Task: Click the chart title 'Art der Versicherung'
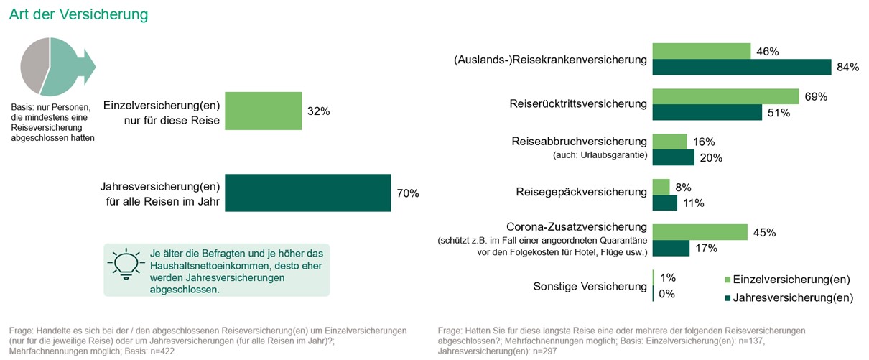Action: [78, 14]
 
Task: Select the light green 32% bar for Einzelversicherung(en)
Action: [263, 111]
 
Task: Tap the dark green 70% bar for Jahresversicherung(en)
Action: [307, 193]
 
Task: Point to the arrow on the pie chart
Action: [88, 65]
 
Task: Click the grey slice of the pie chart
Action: [33, 64]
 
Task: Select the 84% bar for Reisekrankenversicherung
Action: [741, 68]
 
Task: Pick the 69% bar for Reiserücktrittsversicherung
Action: [725, 96]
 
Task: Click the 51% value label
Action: [779, 113]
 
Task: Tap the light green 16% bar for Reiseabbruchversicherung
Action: [669, 142]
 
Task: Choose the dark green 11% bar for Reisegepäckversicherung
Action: [664, 203]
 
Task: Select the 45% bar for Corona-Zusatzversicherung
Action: [700, 232]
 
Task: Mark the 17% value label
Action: [705, 249]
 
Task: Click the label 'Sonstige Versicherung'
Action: [590, 286]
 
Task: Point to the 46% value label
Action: [768, 51]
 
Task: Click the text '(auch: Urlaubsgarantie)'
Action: [600, 155]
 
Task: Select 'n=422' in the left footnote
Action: [163, 352]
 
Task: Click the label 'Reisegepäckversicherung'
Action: [581, 192]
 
